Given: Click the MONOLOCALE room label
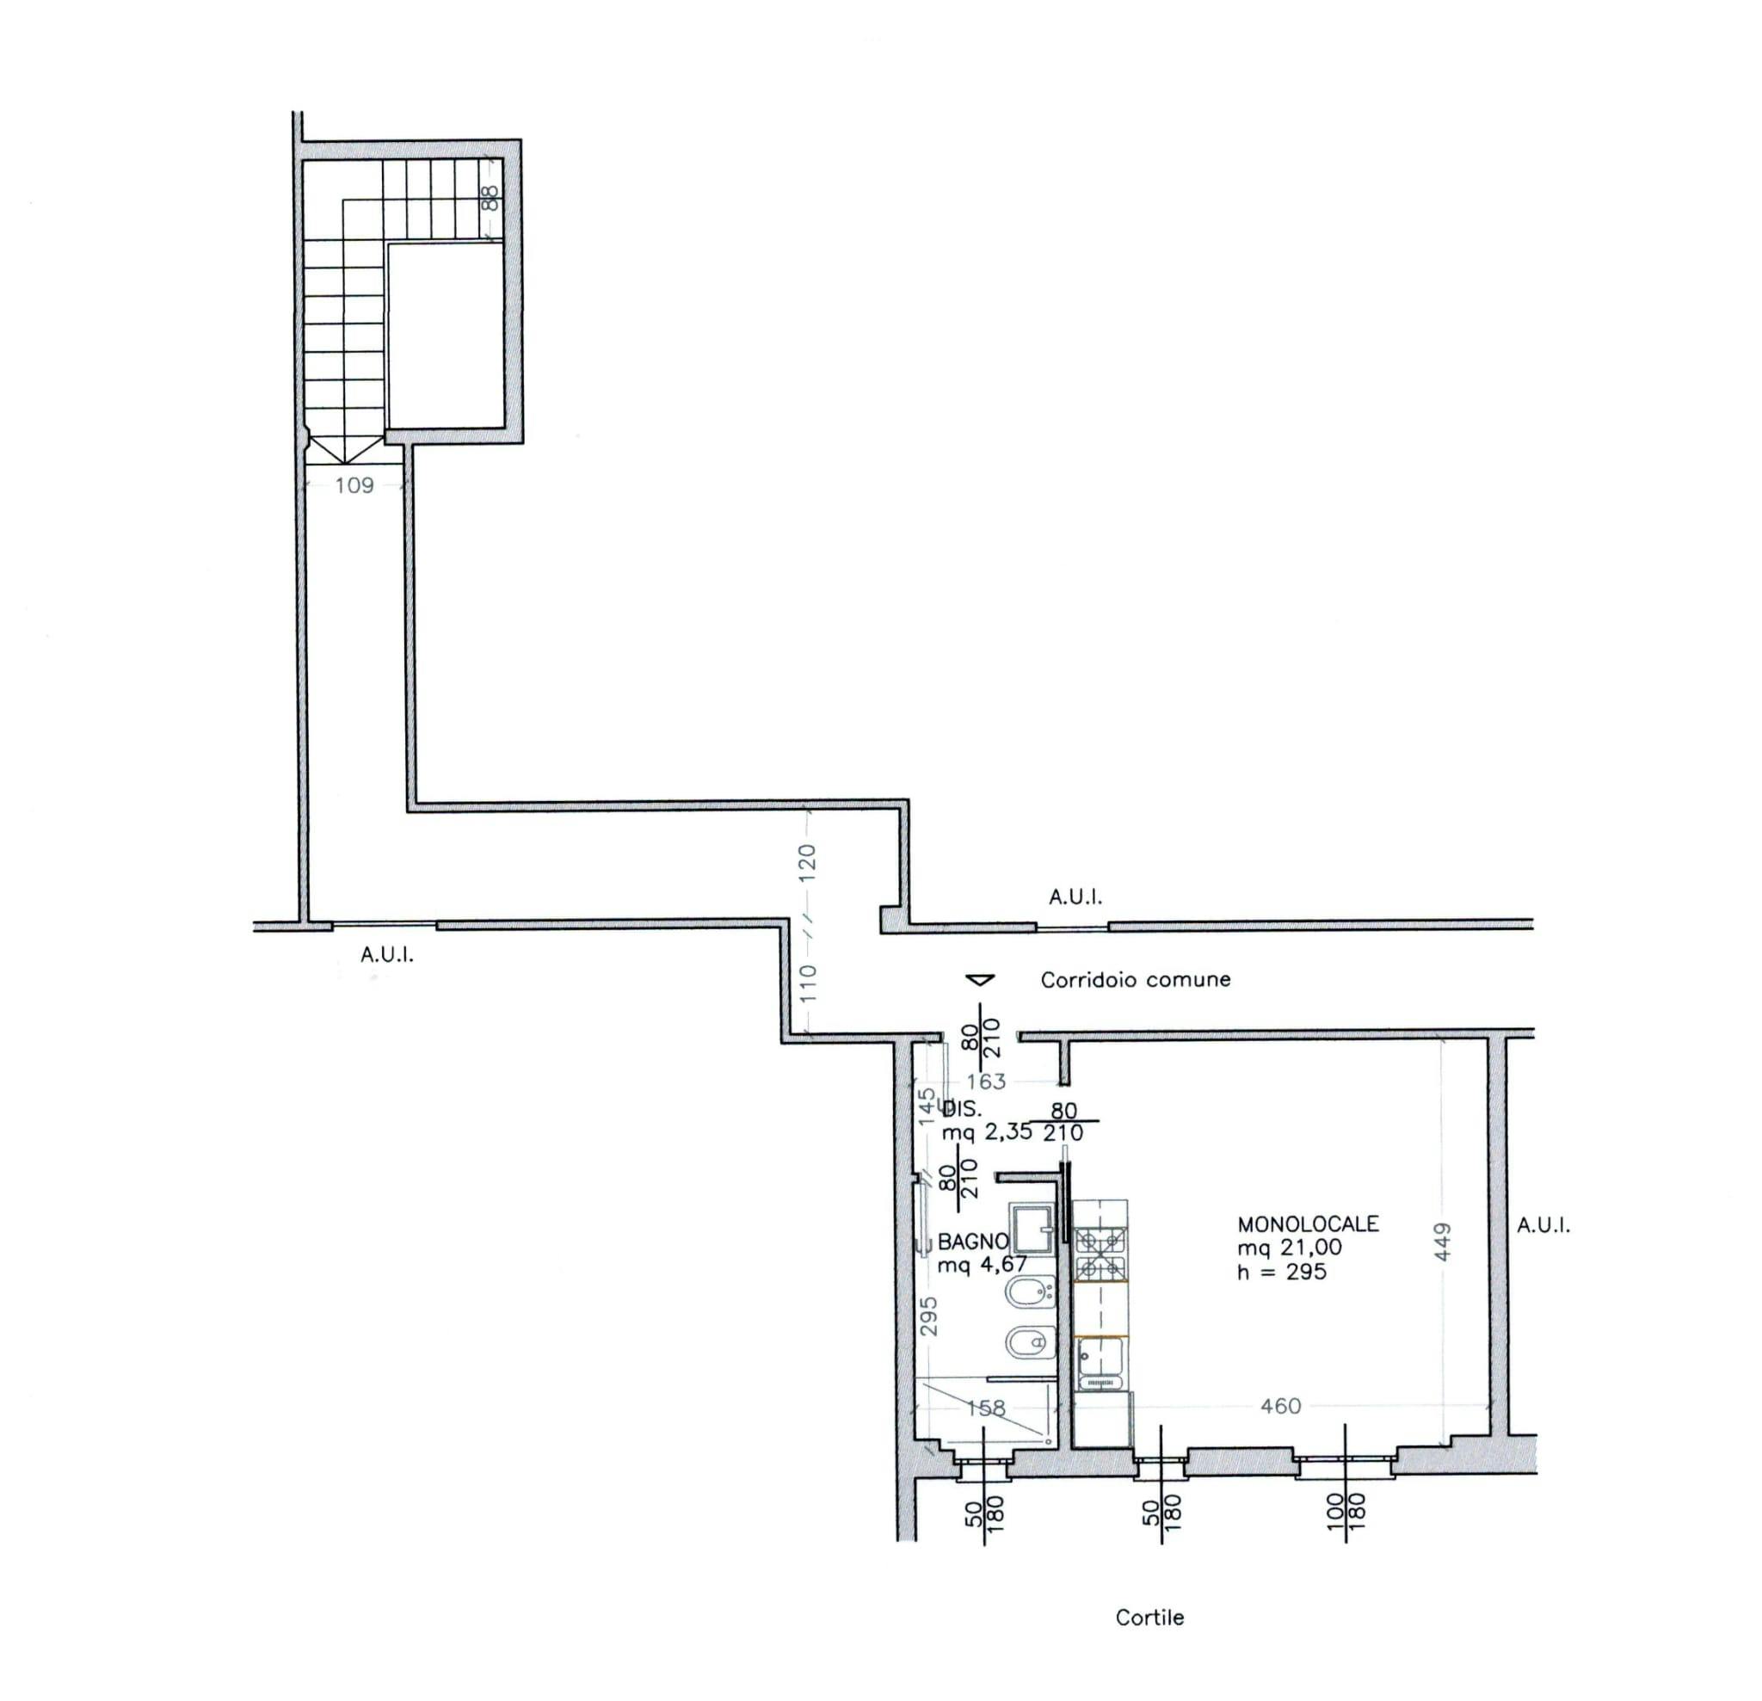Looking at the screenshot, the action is [x=1308, y=1223].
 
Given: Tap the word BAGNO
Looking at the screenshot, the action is [x=973, y=1242].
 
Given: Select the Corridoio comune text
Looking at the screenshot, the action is [x=1136, y=980].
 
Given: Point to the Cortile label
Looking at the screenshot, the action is [x=1149, y=1618].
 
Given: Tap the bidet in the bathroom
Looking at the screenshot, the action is [x=1030, y=1295].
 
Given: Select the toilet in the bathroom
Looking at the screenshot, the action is [x=1030, y=1343].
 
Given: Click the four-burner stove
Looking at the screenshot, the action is [x=1101, y=1254].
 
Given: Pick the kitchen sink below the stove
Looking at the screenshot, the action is [x=1100, y=1364].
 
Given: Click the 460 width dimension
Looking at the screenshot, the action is [x=1281, y=1405].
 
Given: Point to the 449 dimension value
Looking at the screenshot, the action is [x=1441, y=1242].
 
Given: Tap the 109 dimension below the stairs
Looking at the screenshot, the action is [x=354, y=485].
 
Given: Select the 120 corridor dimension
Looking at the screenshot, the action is [x=807, y=862].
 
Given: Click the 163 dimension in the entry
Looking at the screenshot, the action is [x=986, y=1082].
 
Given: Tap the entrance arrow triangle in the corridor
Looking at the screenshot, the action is [x=980, y=979].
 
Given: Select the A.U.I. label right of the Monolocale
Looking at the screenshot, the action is [x=1544, y=1224].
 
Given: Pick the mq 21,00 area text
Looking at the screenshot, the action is [x=1289, y=1247].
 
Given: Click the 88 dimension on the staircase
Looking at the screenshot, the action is [x=490, y=198].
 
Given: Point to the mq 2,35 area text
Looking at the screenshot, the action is [x=986, y=1132].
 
